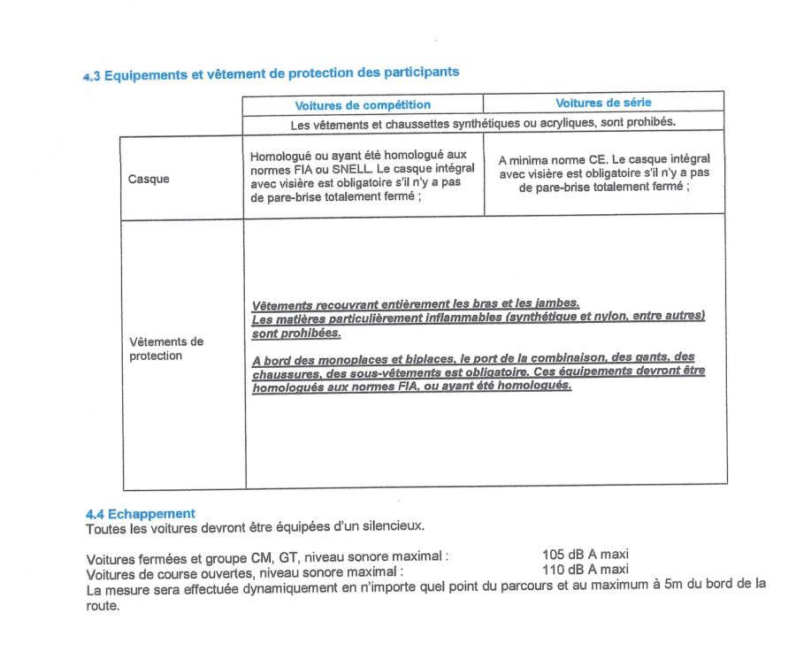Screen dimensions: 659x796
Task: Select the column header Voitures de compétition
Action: point(363,105)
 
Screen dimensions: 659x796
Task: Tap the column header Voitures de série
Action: point(603,103)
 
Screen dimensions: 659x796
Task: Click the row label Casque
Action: point(149,180)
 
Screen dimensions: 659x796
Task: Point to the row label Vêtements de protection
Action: point(166,349)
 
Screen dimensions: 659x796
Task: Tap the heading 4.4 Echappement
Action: point(141,514)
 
